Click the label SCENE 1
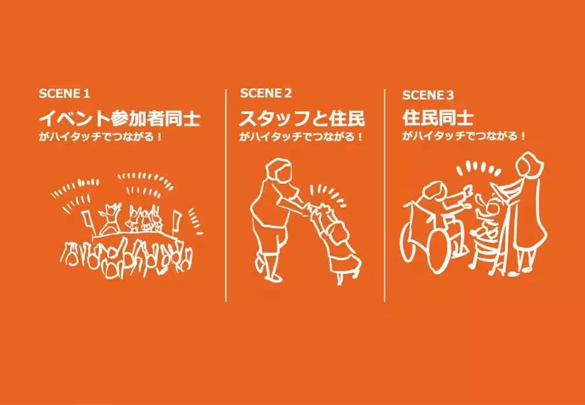tap(64, 94)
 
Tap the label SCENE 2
tap(266, 93)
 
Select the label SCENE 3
tap(428, 95)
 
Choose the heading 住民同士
tap(438, 119)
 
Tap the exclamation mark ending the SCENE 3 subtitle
tap(522, 136)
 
